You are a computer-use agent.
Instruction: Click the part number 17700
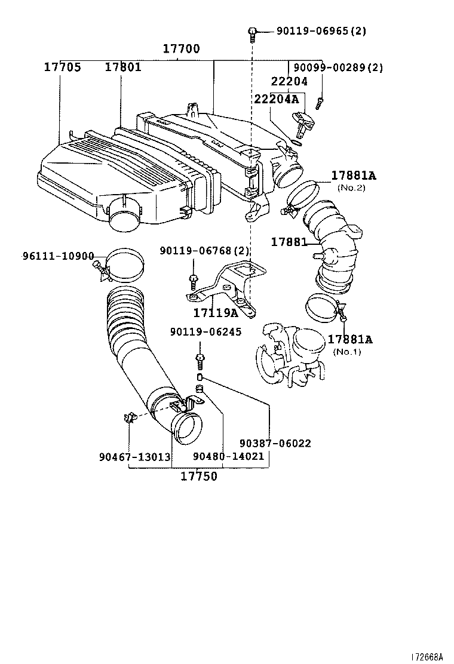click(182, 49)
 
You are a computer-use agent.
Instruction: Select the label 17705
click(62, 67)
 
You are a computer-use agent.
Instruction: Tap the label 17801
click(123, 67)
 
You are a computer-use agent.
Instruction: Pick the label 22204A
click(275, 99)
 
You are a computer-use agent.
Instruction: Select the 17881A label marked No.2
click(354, 176)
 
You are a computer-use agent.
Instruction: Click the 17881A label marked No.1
click(349, 339)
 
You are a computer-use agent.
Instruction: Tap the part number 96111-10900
click(59, 256)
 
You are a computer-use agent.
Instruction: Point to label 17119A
click(215, 313)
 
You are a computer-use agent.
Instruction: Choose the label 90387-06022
click(275, 444)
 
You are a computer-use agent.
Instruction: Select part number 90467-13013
click(134, 457)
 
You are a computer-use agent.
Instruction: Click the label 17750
click(200, 476)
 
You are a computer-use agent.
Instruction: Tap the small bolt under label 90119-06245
click(200, 361)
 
